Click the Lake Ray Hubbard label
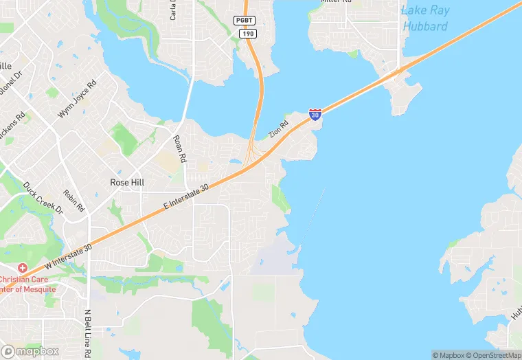tap(424, 19)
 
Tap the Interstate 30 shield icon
tap(315, 115)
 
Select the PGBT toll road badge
tap(245, 21)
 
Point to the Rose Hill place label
tap(127, 183)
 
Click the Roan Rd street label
tap(180, 148)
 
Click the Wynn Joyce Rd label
tap(77, 98)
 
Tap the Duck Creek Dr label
tap(43, 197)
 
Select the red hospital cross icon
tap(23, 267)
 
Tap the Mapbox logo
tap(30, 351)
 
